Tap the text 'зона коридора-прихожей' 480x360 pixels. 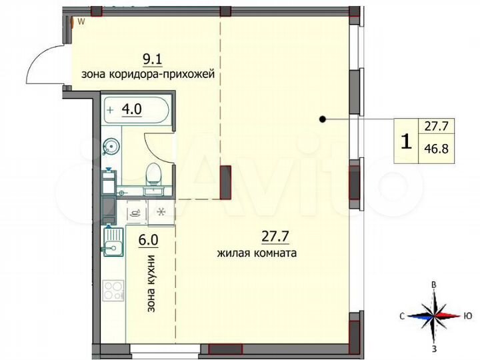(x=147, y=75)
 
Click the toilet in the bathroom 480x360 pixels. (x=153, y=175)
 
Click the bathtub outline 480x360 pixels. (x=139, y=110)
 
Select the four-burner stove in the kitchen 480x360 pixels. (x=113, y=291)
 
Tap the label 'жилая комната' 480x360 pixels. (x=257, y=253)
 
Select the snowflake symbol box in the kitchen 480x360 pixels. (x=161, y=213)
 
